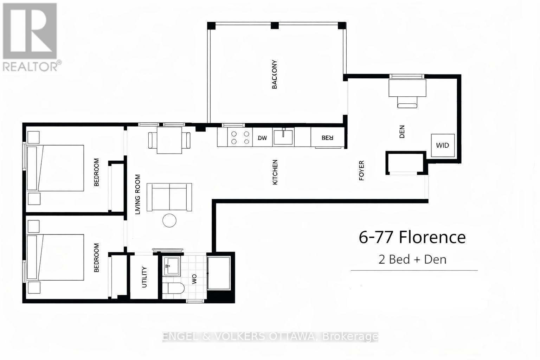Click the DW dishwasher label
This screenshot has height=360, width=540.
coord(263,138)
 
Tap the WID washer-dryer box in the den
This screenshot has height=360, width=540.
coord(443,145)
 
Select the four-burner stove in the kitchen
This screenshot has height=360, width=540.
coord(239,137)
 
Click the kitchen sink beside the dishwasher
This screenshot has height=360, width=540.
coord(283,137)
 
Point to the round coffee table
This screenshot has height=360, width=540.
coord(169,220)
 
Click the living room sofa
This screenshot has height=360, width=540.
coord(169,197)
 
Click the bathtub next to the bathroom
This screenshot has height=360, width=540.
coord(219,273)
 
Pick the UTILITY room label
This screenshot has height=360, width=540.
coord(144,277)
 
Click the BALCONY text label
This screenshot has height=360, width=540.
coord(275,75)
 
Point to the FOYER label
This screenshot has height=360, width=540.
coord(361,171)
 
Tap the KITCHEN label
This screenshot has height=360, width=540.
coord(275,172)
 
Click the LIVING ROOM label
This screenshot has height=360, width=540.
coord(138,194)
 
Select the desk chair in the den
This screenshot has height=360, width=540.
coord(407,102)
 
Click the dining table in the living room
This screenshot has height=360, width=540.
coord(169,140)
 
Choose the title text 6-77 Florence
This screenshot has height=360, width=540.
coord(412,237)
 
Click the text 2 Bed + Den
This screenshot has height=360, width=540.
coord(412,259)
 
